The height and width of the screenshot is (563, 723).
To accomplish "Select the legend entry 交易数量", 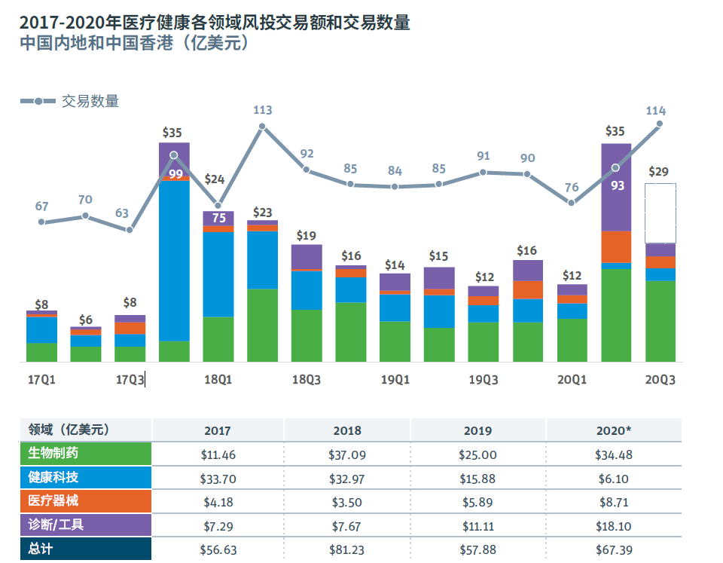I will point(90,101).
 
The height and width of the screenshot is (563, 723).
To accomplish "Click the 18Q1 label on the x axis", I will point(218,380).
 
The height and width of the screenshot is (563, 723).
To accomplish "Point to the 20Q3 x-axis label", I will point(660,380).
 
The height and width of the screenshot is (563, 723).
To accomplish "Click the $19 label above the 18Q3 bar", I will point(306,235).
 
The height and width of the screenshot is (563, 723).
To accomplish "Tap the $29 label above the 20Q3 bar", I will point(658,172).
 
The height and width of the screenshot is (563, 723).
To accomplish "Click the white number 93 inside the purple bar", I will point(618,185).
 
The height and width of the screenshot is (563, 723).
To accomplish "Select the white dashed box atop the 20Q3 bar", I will point(660,213).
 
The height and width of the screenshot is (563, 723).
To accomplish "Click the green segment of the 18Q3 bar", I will point(307,335).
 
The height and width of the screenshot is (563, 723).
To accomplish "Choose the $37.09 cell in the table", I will point(347,454).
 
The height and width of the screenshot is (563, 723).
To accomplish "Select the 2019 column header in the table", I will point(477,430).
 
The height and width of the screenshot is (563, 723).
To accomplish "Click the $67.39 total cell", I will point(613,548).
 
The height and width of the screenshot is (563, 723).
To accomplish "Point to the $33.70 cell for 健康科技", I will point(217,478).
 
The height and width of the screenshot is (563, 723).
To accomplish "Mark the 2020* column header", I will point(613,430).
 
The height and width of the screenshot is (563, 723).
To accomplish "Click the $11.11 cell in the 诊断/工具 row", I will point(477,525).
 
